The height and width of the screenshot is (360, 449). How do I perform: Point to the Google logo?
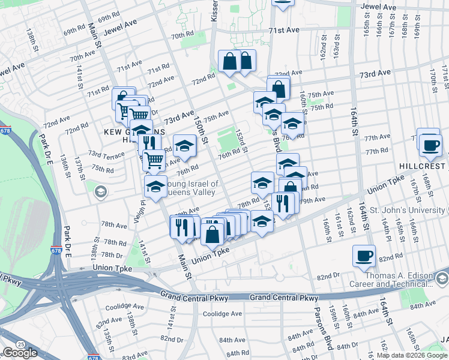(x=20, y=353)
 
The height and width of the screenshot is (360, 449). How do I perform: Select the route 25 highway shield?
(x=21, y=344)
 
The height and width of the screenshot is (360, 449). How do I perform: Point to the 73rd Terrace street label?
(x=106, y=155)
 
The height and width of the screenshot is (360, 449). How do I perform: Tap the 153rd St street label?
(x=241, y=141)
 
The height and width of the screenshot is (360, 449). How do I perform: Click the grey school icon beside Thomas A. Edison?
(x=442, y=279)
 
